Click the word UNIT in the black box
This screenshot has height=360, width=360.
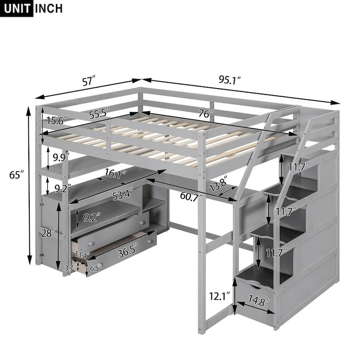pos(17,8)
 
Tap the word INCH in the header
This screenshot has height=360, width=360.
pos(48,8)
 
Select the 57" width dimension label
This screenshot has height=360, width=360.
pos(89,81)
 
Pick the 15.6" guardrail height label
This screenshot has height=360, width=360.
pos(56,120)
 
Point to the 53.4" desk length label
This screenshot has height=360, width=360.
pos(122,196)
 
